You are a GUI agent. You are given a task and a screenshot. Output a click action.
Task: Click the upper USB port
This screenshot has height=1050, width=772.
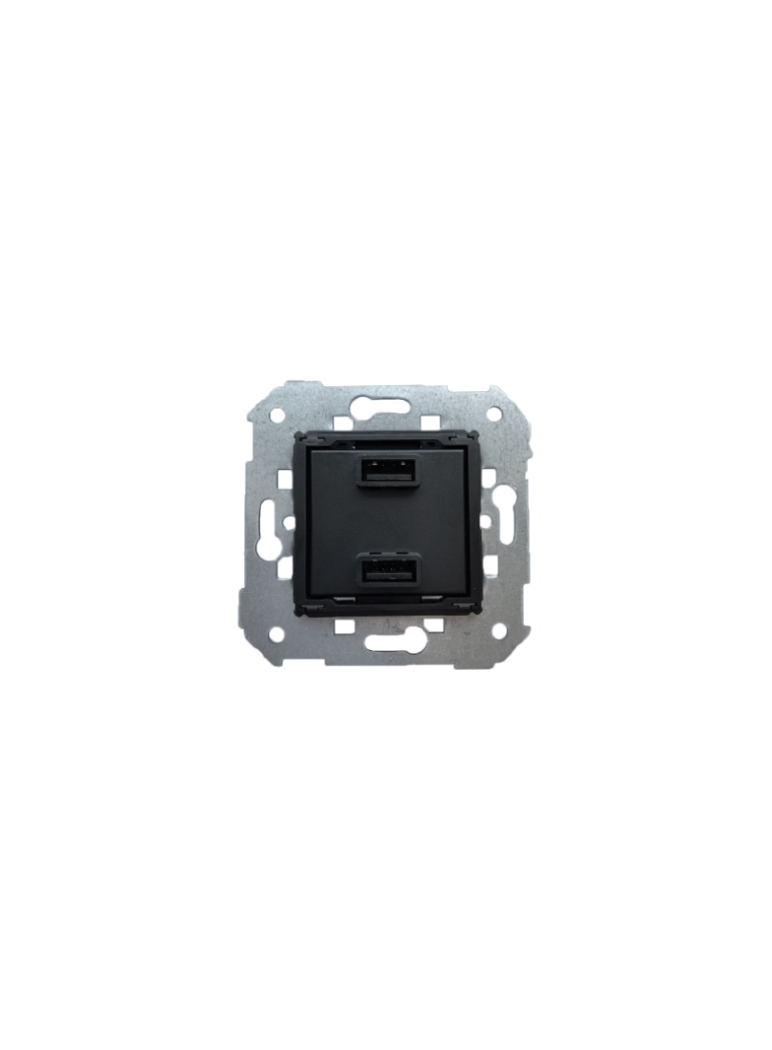(x=385, y=472)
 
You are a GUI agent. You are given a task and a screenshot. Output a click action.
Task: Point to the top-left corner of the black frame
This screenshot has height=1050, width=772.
(x=297, y=435)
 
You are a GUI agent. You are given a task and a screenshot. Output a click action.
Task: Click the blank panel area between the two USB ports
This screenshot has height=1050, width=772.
(x=385, y=522)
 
